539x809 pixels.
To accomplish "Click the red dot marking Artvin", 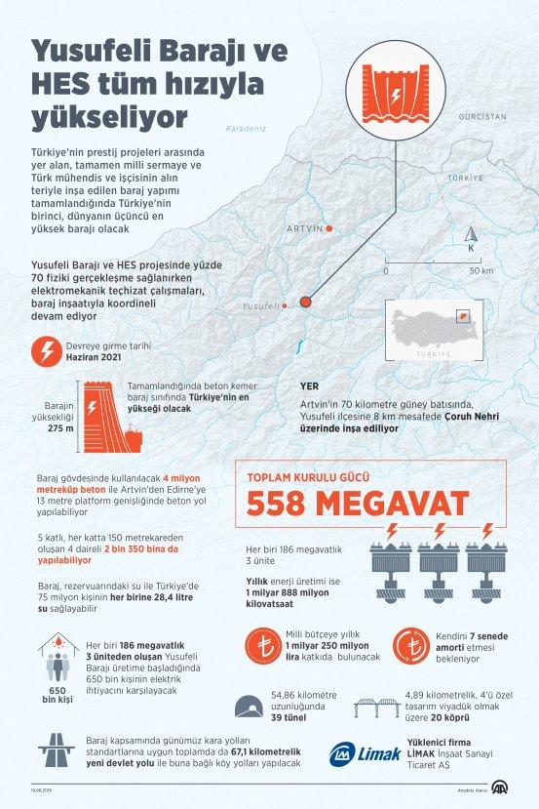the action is [x=329, y=228].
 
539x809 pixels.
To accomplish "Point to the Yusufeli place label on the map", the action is [x=260, y=306].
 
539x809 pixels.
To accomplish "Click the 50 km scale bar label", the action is [x=480, y=270].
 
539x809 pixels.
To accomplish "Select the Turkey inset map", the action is [x=432, y=331].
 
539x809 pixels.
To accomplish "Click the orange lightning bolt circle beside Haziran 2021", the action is [x=45, y=350].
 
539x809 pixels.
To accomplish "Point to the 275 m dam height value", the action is [x=60, y=426].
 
